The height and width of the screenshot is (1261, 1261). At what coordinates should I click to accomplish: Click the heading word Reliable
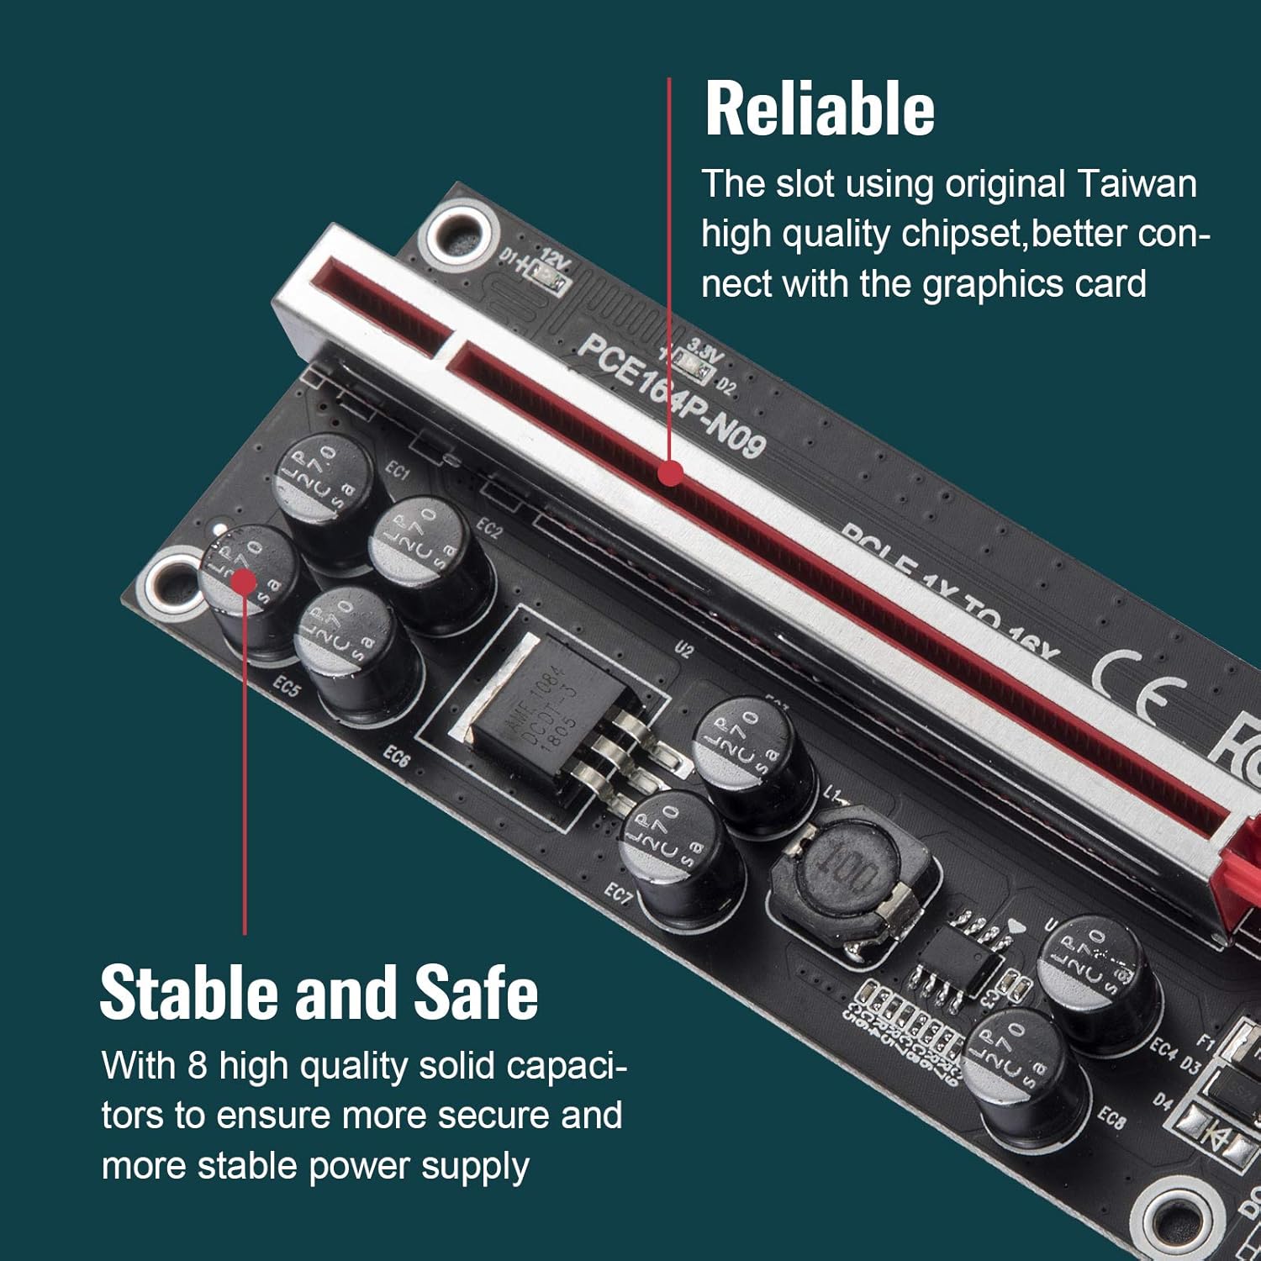click(820, 109)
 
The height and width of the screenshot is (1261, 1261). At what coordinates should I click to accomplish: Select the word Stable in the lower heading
click(189, 993)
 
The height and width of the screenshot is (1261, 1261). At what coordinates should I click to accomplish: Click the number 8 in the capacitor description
click(197, 1066)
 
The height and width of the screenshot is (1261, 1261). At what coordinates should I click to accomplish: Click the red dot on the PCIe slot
click(670, 473)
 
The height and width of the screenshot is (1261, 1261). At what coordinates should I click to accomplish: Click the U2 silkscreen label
click(683, 649)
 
